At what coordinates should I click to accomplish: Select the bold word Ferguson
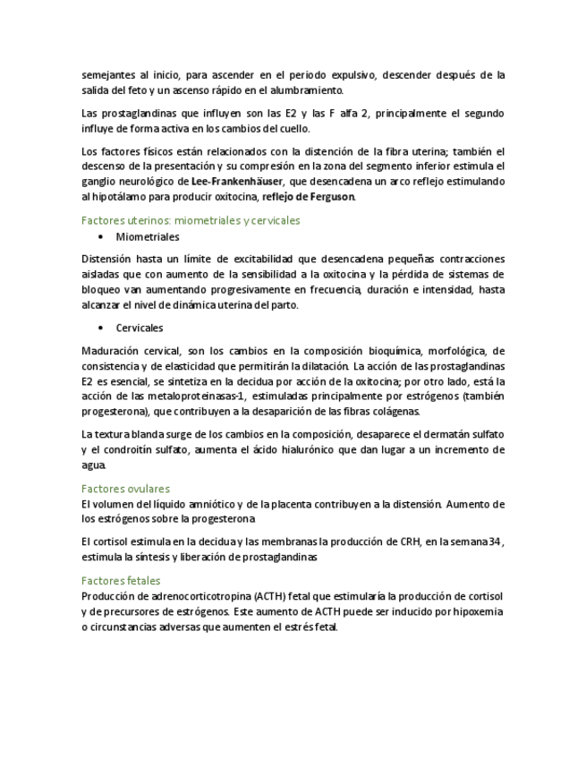[x=333, y=197]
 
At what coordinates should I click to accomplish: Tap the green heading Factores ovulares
[x=125, y=489]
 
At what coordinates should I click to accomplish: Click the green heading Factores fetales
[x=120, y=581]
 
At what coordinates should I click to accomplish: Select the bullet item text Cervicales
[x=140, y=328]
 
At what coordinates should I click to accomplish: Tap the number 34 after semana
[x=497, y=542]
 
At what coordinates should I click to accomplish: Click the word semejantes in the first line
[x=108, y=75]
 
